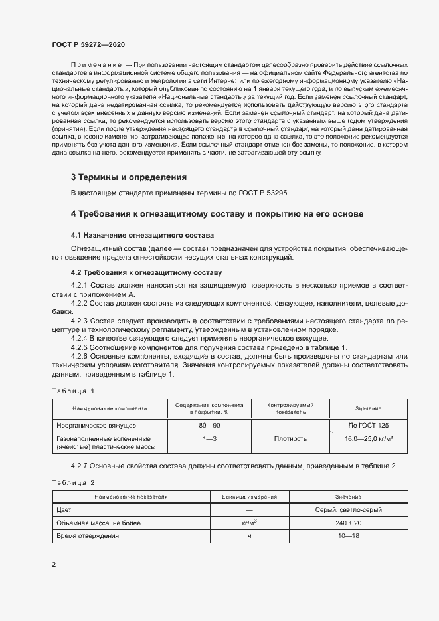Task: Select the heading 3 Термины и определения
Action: coord(128,177)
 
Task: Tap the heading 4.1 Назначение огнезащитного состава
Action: coord(142,235)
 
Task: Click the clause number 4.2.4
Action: coord(81,338)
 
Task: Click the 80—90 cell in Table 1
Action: coord(209,424)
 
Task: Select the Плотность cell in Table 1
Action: coord(290,439)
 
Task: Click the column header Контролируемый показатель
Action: coord(290,408)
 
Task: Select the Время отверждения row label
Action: coord(88,535)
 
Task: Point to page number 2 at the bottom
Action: coord(54,565)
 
